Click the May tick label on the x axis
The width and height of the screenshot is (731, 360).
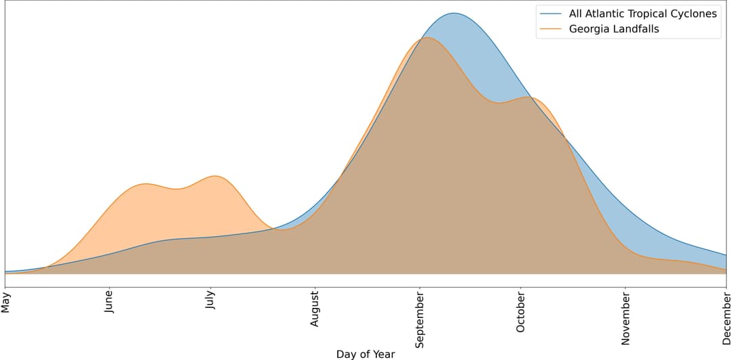[x=6, y=301]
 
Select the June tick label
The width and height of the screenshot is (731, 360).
[x=109, y=302]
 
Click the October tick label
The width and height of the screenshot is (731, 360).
[x=520, y=312]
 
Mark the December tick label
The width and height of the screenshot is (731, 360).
[x=726, y=317]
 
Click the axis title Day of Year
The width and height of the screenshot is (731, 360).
[x=365, y=353]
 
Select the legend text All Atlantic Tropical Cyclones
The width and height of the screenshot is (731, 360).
[x=642, y=14]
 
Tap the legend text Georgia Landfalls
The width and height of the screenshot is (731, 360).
[x=614, y=28]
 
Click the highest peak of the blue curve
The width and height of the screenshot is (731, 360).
[x=453, y=13]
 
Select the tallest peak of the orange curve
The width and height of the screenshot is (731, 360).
[x=426, y=37]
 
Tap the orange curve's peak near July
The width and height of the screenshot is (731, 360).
[x=215, y=176]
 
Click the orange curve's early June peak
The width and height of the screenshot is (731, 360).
[x=146, y=183]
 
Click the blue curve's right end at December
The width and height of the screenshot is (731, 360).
[x=726, y=255]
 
